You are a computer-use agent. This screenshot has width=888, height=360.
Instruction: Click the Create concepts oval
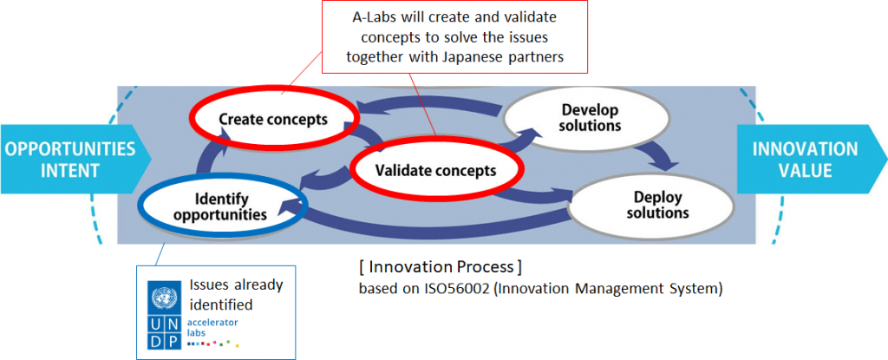click(x=273, y=119)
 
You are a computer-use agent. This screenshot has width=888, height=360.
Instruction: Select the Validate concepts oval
click(x=435, y=170)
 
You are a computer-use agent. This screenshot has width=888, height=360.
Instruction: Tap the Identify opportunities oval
click(x=219, y=205)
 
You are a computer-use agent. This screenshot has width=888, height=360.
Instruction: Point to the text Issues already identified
click(x=235, y=295)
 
